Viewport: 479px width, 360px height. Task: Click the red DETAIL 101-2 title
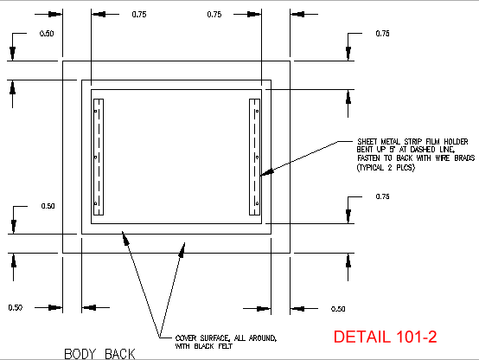[385, 337]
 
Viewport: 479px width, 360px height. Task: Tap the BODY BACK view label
[99, 354]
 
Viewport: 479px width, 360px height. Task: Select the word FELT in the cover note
[225, 346]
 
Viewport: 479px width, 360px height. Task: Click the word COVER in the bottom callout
[185, 338]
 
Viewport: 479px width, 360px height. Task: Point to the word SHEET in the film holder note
[367, 142]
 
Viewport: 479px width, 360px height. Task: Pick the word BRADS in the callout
[464, 157]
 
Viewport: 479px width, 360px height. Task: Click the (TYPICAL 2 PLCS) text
[386, 168]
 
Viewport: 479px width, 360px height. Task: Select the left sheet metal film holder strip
[99, 157]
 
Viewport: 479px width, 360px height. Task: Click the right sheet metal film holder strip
[254, 157]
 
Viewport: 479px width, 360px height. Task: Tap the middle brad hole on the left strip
[96, 157]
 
